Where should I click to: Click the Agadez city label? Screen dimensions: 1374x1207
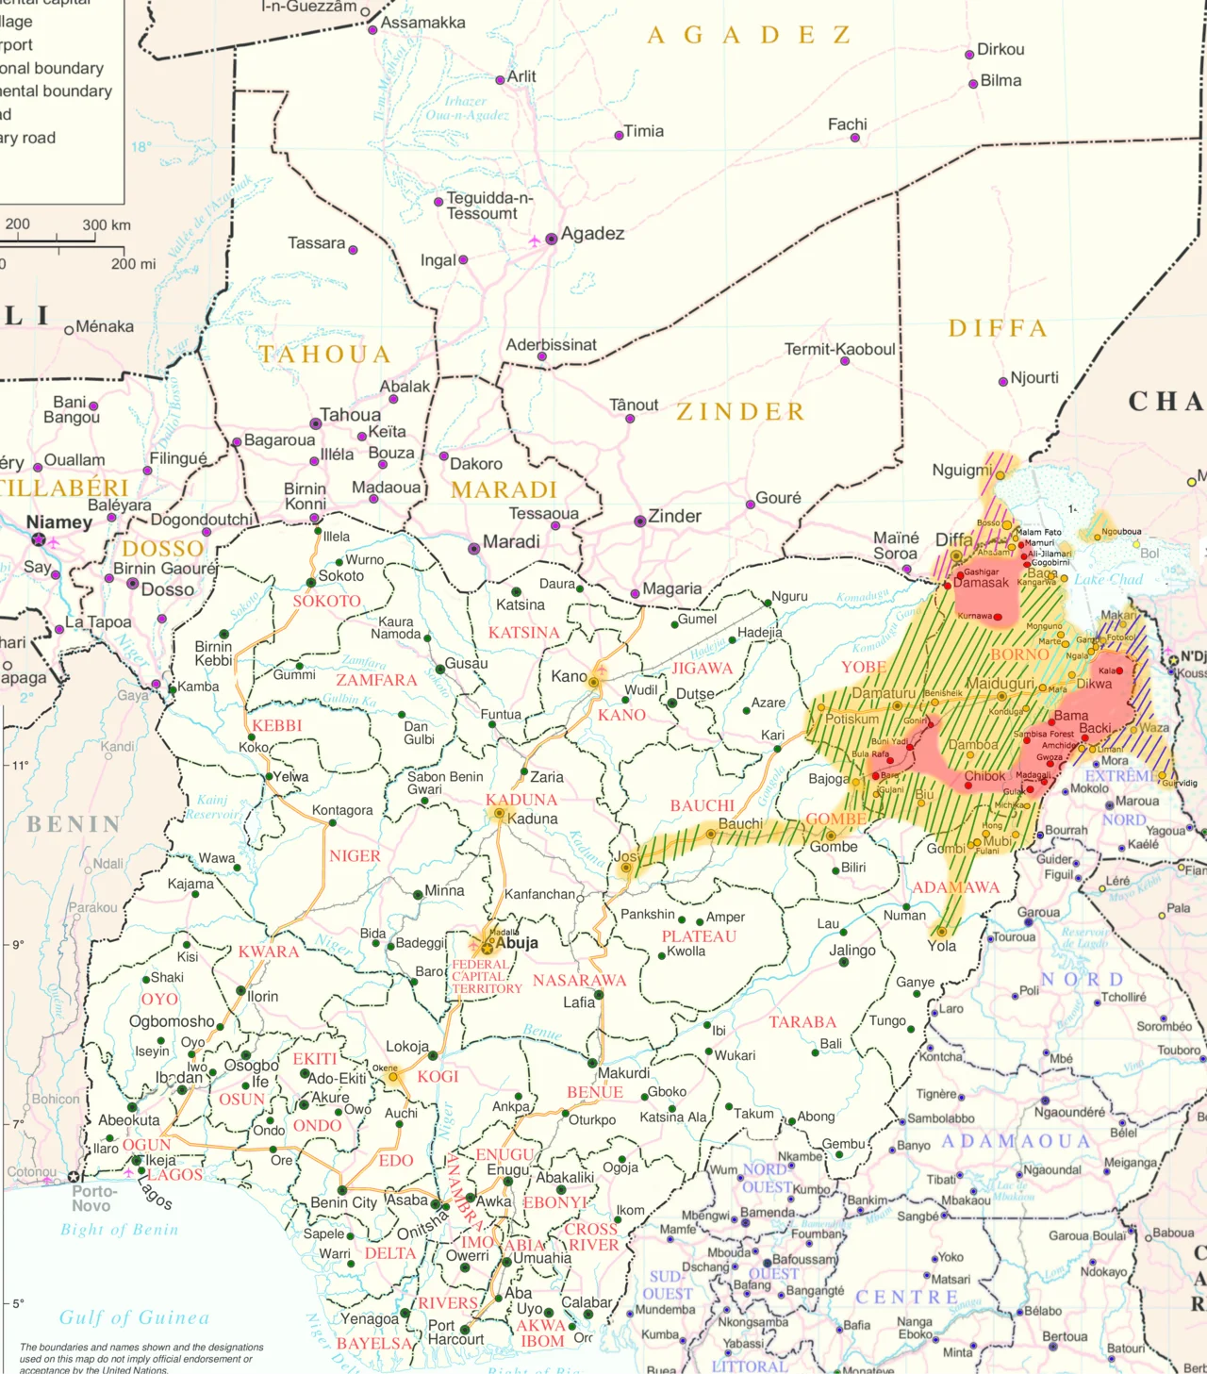pos(592,234)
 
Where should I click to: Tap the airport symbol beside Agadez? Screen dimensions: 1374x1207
pos(535,240)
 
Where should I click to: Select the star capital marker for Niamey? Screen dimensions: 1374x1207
pos(39,539)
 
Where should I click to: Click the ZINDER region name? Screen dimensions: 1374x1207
pos(740,412)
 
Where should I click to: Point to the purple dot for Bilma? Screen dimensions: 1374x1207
pos(973,84)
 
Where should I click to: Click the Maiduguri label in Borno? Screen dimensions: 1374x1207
pos(1000,683)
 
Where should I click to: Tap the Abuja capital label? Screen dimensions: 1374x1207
pos(517,943)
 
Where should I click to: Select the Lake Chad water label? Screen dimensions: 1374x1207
pos(1108,580)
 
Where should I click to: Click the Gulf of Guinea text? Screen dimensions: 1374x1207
pos(134,1317)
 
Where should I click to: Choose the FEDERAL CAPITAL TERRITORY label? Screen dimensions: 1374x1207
pos(486,977)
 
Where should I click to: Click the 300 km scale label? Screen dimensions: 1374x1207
pos(107,225)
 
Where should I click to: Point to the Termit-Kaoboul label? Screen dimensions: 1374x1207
pos(839,349)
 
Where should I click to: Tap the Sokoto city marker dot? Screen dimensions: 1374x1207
pos(311,583)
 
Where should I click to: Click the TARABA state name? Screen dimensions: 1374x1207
pos(802,1022)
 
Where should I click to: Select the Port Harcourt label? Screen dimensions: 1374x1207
pos(455,1332)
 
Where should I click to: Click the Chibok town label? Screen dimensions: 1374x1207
pos(984,776)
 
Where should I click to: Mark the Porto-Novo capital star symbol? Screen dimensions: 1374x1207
pos(73,1177)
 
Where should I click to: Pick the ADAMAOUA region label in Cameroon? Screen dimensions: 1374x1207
pos(1016,1142)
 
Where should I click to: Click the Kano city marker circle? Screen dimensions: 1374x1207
pos(593,681)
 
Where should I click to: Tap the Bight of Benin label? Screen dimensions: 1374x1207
pos(119,1230)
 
